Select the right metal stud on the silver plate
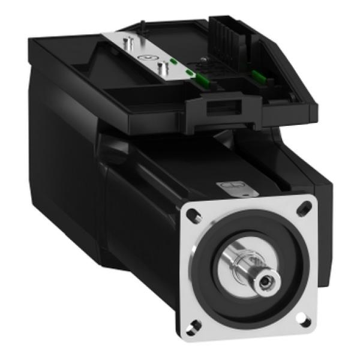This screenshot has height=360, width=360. click(160, 66)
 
